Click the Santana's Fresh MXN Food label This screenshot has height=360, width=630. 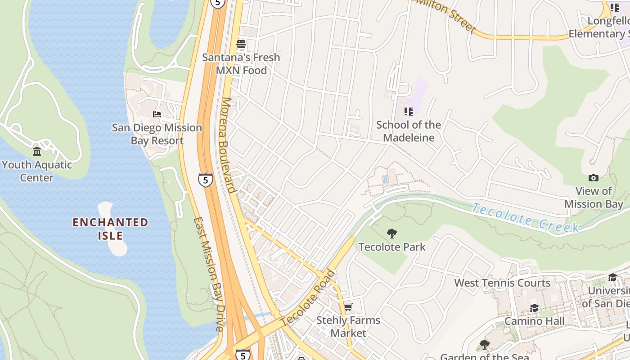click(241, 64)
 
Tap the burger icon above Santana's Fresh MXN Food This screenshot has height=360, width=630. click(241, 44)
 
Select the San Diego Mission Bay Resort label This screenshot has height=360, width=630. click(157, 134)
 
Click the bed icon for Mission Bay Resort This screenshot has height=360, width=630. click(157, 114)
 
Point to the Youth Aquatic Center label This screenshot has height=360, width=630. click(37, 171)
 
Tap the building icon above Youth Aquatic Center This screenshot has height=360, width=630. click(37, 151)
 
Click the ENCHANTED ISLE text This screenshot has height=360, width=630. click(110, 229)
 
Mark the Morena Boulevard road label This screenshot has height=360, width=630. click(229, 145)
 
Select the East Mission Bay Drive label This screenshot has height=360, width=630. click(208, 274)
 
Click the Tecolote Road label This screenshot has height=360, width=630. click(308, 298)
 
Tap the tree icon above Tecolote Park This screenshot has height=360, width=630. click(392, 233)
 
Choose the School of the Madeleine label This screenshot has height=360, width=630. click(409, 131)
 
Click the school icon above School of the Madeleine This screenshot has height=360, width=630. click(409, 111)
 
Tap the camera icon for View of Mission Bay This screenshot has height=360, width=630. click(594, 178)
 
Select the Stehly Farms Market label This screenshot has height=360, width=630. click(348, 327)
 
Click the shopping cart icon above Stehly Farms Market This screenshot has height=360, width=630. click(348, 307)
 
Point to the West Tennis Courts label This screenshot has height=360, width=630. click(502, 283)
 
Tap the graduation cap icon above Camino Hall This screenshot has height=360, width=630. click(534, 308)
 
